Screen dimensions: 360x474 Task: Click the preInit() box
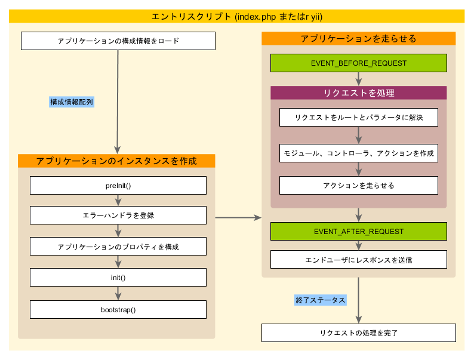(118, 185)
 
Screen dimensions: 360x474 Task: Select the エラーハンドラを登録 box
(118, 215)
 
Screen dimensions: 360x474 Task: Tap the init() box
(118, 278)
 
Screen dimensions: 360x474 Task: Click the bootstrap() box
(118, 309)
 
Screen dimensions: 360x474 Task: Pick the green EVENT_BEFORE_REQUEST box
(358, 63)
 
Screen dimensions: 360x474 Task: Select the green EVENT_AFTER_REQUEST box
(358, 231)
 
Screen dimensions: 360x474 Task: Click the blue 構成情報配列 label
(72, 102)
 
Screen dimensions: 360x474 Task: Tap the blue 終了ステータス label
(321, 300)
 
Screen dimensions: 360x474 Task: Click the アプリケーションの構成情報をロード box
(118, 41)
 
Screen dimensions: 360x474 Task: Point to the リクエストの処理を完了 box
(358, 333)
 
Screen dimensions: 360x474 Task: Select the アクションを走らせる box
(358, 185)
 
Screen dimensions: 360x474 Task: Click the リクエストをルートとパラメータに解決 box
(358, 117)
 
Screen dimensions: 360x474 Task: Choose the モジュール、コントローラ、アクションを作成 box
(358, 153)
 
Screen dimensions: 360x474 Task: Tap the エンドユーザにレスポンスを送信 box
(358, 260)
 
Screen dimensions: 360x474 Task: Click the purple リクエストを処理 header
(358, 93)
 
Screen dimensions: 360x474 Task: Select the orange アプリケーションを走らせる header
(358, 38)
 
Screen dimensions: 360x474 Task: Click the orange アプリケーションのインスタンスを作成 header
(116, 161)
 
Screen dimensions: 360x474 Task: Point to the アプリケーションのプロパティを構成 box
(118, 247)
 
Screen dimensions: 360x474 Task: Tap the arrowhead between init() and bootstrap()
(118, 296)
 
